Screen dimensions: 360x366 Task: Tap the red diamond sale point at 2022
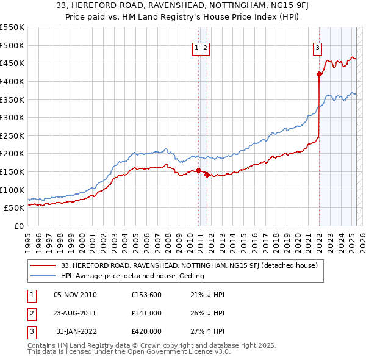tap(319, 74)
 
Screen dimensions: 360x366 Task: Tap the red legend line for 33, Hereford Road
tap(43, 265)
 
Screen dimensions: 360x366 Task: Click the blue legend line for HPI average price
tap(43, 276)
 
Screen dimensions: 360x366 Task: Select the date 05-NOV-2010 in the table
tap(75, 295)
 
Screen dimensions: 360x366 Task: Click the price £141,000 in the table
tap(146, 313)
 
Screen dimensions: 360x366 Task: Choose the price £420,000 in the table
tap(146, 331)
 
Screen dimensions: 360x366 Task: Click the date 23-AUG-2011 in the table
tap(75, 313)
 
